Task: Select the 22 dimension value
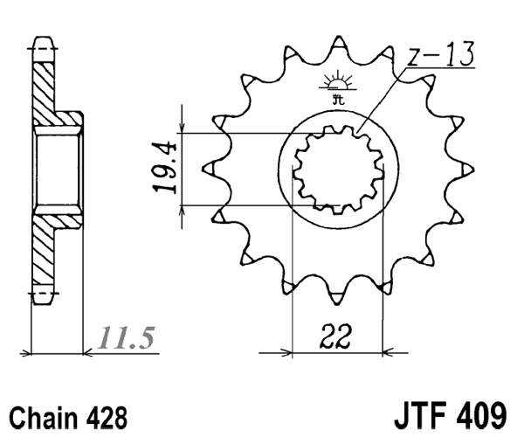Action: (335, 336)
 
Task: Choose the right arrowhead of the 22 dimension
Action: (391, 353)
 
